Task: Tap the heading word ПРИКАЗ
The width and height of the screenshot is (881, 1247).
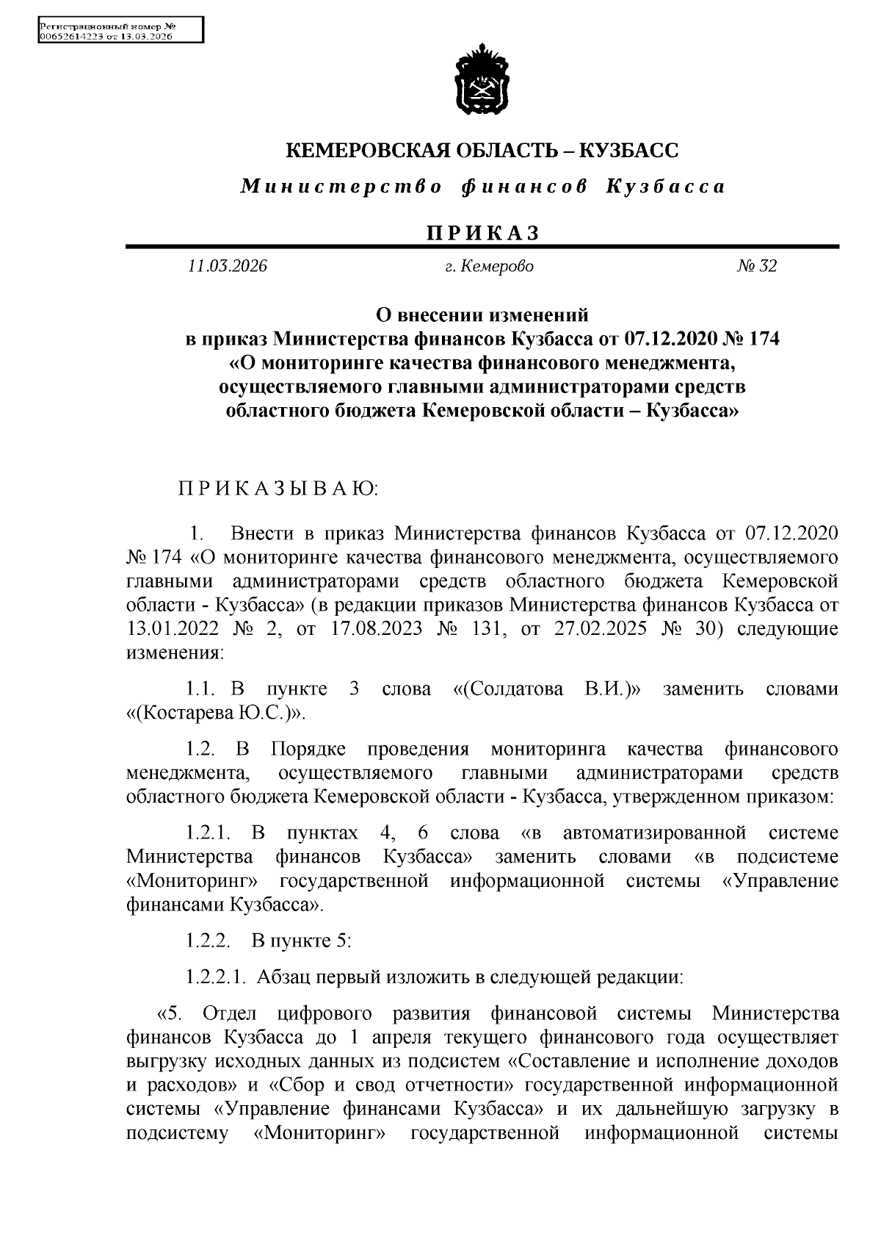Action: [x=482, y=233]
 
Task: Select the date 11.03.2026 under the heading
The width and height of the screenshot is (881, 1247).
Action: [x=227, y=266]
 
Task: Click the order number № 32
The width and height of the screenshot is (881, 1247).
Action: [x=756, y=266]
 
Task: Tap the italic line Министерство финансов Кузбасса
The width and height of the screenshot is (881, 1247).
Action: [x=482, y=187]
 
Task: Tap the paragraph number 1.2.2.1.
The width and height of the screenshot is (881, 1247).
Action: [x=214, y=977]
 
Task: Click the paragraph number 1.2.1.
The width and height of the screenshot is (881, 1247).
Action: [x=209, y=833]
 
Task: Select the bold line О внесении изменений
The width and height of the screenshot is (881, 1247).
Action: [x=482, y=315]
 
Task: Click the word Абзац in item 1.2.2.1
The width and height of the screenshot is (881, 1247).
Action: [x=285, y=977]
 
